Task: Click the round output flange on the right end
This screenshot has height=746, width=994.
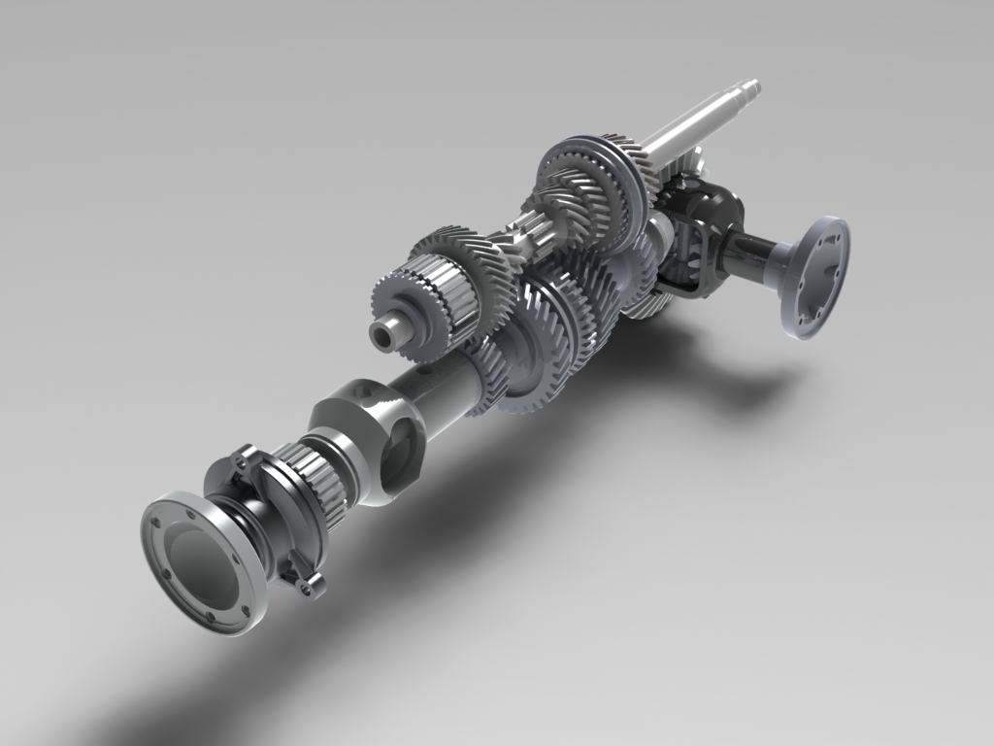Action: (813, 278)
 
